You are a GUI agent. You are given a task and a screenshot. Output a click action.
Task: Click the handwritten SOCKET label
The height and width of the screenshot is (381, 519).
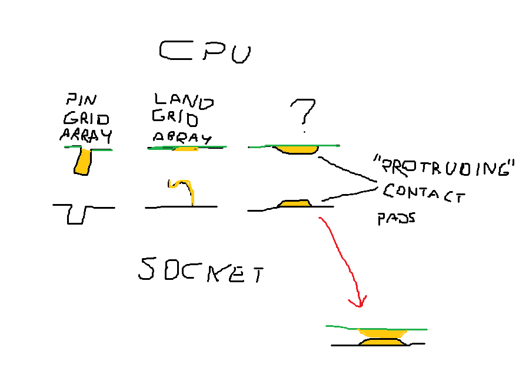[200, 270]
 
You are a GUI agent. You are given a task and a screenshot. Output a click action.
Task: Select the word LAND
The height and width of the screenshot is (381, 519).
[183, 102]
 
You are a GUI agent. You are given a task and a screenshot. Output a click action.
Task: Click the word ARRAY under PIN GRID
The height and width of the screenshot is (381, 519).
[86, 136]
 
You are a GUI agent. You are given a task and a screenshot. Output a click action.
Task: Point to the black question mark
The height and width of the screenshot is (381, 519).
[304, 112]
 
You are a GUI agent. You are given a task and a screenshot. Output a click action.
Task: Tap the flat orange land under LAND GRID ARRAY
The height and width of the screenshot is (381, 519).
[187, 149]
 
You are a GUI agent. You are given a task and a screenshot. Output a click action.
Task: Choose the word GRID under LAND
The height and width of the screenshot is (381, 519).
[175, 119]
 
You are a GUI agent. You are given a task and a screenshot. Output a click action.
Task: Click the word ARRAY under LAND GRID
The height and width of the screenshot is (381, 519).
[181, 138]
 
